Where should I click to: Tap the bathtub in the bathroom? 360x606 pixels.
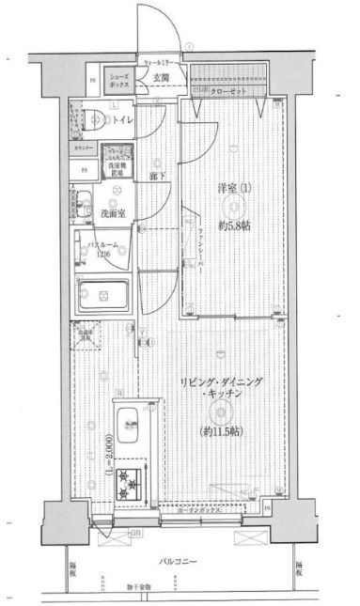click(106, 296)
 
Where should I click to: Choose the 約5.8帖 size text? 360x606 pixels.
click(233, 225)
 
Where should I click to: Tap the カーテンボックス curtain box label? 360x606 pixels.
click(208, 512)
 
